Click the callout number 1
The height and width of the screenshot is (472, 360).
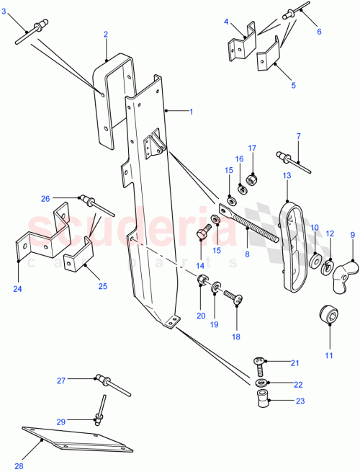pos(192,112)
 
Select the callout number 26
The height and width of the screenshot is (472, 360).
pos(46,197)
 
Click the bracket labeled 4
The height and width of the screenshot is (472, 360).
pos(242,45)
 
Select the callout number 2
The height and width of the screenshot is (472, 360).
pos(105,34)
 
